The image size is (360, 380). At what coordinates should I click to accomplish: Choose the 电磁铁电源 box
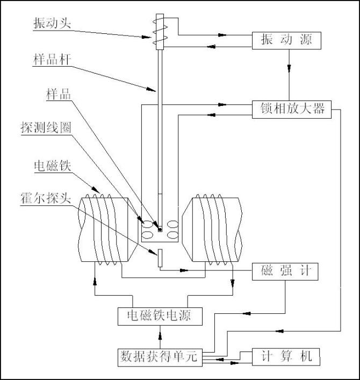(161, 316)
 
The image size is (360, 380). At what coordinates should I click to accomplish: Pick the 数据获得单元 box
(160, 356)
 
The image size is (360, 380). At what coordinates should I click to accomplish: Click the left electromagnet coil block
(103, 230)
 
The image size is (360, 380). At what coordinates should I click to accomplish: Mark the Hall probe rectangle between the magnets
(160, 257)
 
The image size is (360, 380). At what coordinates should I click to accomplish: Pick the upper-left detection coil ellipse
(147, 222)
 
